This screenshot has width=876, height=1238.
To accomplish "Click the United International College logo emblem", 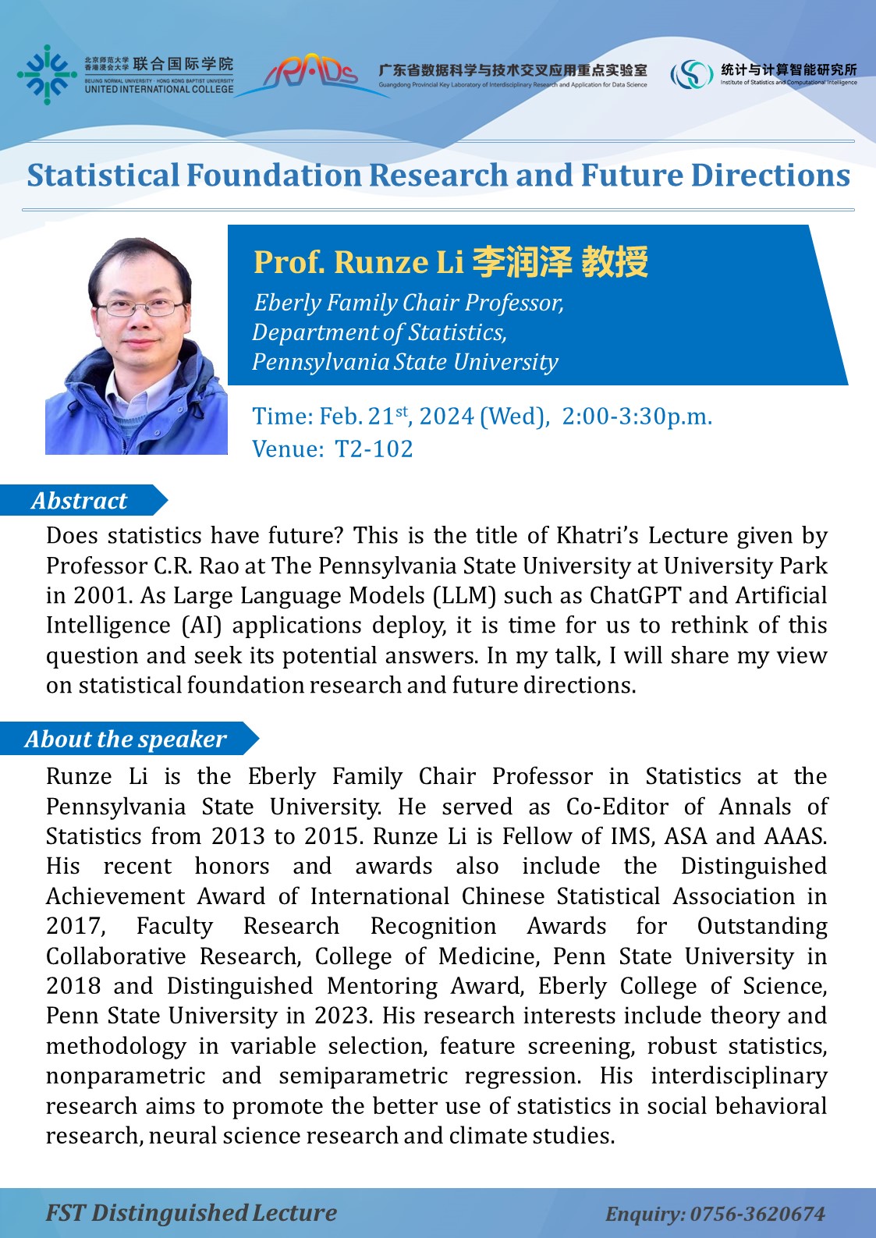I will (x=47, y=75).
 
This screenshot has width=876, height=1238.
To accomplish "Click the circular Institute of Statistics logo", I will (x=691, y=75).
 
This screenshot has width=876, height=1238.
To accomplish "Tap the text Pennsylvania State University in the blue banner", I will (x=405, y=362).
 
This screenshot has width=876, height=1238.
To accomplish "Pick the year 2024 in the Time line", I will (x=446, y=417).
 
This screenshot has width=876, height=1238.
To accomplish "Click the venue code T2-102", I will (x=374, y=449).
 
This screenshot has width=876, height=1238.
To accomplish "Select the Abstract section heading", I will (x=79, y=501).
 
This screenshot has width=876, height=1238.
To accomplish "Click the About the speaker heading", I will (x=126, y=739).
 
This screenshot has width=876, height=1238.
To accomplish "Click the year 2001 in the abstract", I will (x=100, y=595).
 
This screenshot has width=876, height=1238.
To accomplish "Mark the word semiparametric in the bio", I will (x=363, y=1076).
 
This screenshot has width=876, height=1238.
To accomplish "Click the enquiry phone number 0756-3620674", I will (x=757, y=1214).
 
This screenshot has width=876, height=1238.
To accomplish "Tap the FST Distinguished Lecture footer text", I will (x=191, y=1213).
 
